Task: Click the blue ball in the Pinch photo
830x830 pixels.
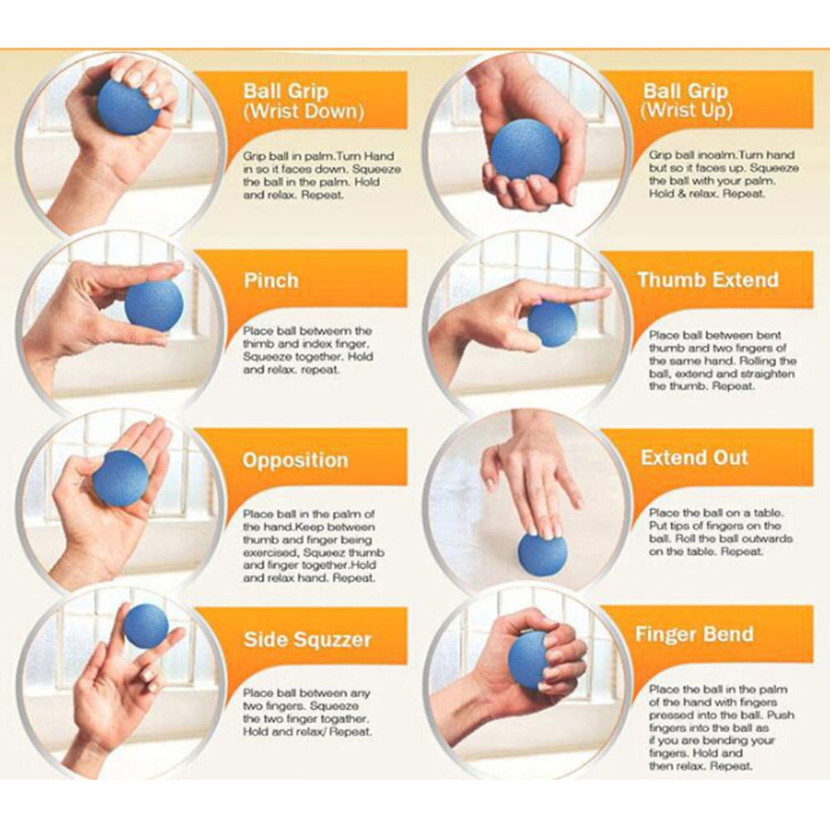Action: click(154, 306)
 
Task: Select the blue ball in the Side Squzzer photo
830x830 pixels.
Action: click(146, 625)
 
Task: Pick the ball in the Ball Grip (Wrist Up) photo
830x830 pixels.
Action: click(525, 150)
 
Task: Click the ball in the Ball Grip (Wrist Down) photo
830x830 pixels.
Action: click(128, 107)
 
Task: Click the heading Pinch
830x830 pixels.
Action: click(271, 281)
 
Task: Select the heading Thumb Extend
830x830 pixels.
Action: click(707, 279)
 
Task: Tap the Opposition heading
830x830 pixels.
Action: click(296, 460)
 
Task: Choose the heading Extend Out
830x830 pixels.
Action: click(694, 457)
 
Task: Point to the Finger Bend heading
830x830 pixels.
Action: click(694, 634)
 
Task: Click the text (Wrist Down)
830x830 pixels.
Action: click(304, 112)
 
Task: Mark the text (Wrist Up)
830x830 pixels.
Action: click(686, 111)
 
